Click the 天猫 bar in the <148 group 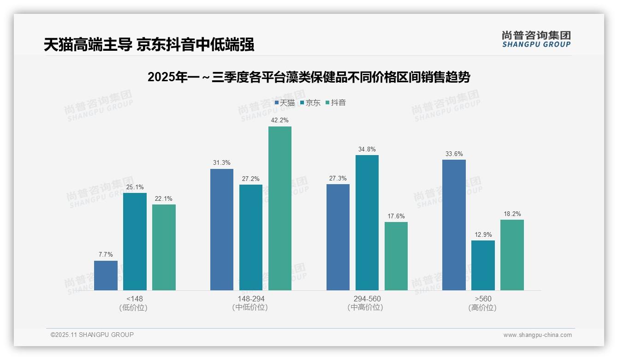pos(106,276)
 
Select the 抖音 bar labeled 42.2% pos(280,208)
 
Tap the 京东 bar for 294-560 pos(367,222)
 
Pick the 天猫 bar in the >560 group pos(454,225)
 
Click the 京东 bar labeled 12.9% pos(483,265)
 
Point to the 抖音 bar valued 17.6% pos(396,256)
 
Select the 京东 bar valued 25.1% pos(135,241)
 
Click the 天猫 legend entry pos(285,103)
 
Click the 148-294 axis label pos(251,299)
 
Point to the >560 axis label pos(483,299)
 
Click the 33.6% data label pos(454,154)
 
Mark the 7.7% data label pos(106,255)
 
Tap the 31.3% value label pos(222,163)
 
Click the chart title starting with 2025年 pos(309,77)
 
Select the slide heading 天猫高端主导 pos(149,45)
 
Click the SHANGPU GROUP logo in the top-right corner pos(536,39)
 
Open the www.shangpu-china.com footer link pos(537,335)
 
